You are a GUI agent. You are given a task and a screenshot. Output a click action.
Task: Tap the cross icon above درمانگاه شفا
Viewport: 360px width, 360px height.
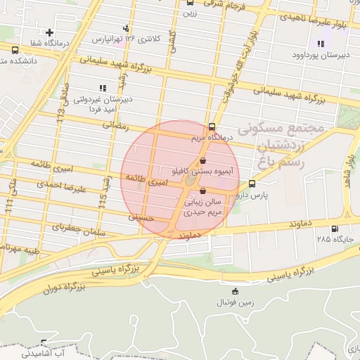click(49, 32)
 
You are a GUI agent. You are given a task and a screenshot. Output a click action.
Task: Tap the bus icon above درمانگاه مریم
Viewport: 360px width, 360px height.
click(212, 128)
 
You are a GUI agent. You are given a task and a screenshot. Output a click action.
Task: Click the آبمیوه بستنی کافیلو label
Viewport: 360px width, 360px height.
click(203, 171)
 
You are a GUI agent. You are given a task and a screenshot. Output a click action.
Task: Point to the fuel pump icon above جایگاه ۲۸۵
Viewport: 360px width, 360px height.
click(334, 229)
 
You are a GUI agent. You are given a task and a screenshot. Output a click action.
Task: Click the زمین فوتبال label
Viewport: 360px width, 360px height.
click(235, 303)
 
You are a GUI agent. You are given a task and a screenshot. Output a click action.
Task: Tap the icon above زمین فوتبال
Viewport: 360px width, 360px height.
click(235, 292)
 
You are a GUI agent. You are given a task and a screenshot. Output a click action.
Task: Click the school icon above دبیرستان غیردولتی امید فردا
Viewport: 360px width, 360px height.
click(102, 88)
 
